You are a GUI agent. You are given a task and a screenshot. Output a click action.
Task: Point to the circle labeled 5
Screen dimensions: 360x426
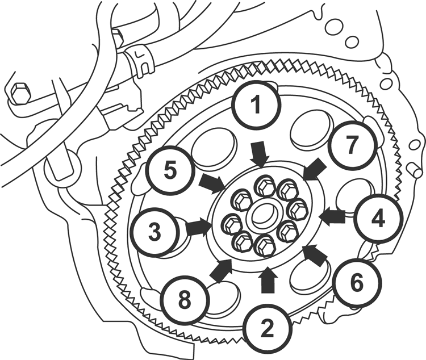point(168,170)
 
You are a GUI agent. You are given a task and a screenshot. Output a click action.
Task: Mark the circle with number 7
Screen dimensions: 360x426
point(352,145)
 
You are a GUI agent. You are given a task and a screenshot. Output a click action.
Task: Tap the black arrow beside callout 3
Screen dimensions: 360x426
point(199,227)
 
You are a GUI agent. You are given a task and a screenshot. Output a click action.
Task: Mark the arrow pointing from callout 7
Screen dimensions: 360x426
point(314,169)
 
